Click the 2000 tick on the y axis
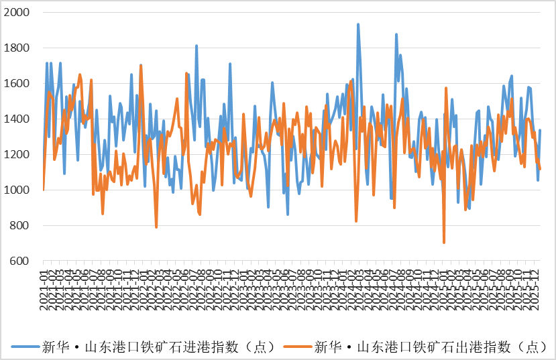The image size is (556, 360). [17, 13]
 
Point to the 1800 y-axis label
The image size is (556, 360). [17, 48]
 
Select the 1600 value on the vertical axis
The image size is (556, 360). [17, 84]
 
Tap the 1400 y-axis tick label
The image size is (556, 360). [17, 119]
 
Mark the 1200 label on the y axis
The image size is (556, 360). [17, 155]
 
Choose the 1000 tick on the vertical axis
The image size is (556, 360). [17, 190]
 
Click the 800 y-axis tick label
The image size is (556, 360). [20, 226]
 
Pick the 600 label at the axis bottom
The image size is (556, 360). [20, 261]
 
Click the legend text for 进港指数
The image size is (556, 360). [158, 347]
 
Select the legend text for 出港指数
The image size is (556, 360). [430, 347]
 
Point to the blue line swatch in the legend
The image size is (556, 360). [25, 347]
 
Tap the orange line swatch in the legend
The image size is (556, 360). [297, 347]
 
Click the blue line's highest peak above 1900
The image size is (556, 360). [358, 24]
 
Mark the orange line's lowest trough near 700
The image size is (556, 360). [444, 243]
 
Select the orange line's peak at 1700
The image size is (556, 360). [141, 65]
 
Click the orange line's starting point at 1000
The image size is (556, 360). [44, 190]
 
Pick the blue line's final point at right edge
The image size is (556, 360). [540, 130]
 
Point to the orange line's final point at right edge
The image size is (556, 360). [541, 170]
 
